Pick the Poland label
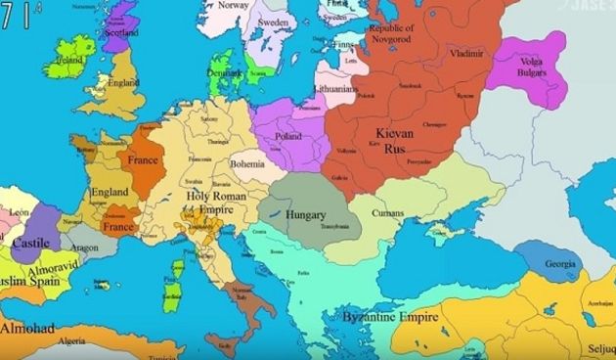[287, 136]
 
